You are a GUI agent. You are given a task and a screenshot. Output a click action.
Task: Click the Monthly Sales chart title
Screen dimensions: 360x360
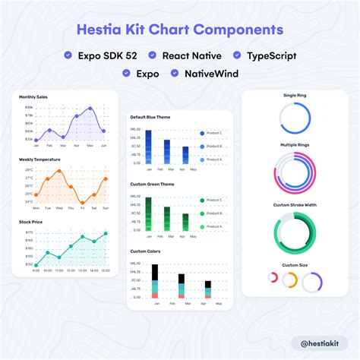(x=33, y=97)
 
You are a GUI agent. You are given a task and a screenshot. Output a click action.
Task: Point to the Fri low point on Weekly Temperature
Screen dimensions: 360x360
(x=81, y=204)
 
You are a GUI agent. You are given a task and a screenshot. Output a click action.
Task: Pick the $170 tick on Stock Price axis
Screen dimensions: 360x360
(x=29, y=232)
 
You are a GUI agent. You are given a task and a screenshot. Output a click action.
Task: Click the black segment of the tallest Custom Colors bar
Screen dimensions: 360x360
(x=155, y=271)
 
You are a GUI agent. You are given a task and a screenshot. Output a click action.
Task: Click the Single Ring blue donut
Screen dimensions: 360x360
(x=295, y=118)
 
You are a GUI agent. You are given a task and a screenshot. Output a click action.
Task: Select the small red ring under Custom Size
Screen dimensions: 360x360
(x=273, y=278)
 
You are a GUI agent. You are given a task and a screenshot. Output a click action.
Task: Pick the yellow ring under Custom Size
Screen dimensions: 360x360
(x=289, y=279)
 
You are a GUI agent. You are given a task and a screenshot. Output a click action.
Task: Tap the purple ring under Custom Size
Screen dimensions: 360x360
(x=312, y=283)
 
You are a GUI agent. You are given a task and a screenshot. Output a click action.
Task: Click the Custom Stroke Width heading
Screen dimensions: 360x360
(x=295, y=205)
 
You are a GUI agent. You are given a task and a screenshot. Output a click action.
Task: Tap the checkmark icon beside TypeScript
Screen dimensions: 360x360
(x=237, y=55)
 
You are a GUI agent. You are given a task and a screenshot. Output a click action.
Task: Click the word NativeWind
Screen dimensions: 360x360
(x=210, y=74)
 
